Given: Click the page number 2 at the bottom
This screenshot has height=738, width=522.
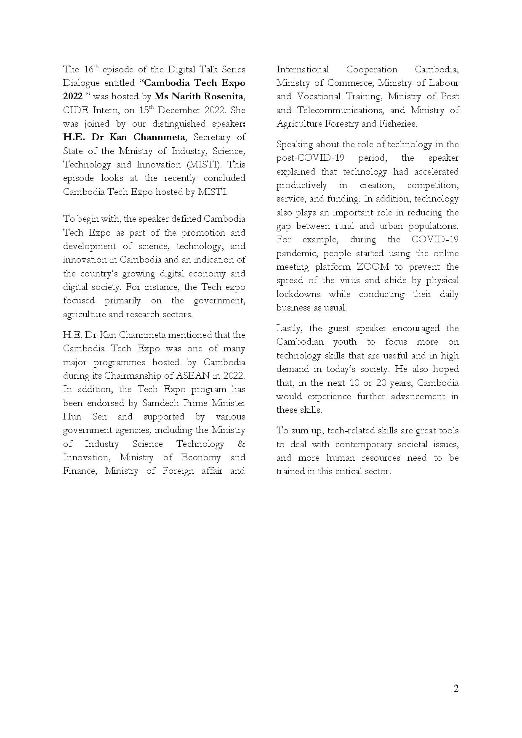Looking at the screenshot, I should click(x=456, y=688).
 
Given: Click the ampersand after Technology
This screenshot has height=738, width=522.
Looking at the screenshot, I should click(x=241, y=444).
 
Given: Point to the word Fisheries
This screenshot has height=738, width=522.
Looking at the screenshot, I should click(x=397, y=124).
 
